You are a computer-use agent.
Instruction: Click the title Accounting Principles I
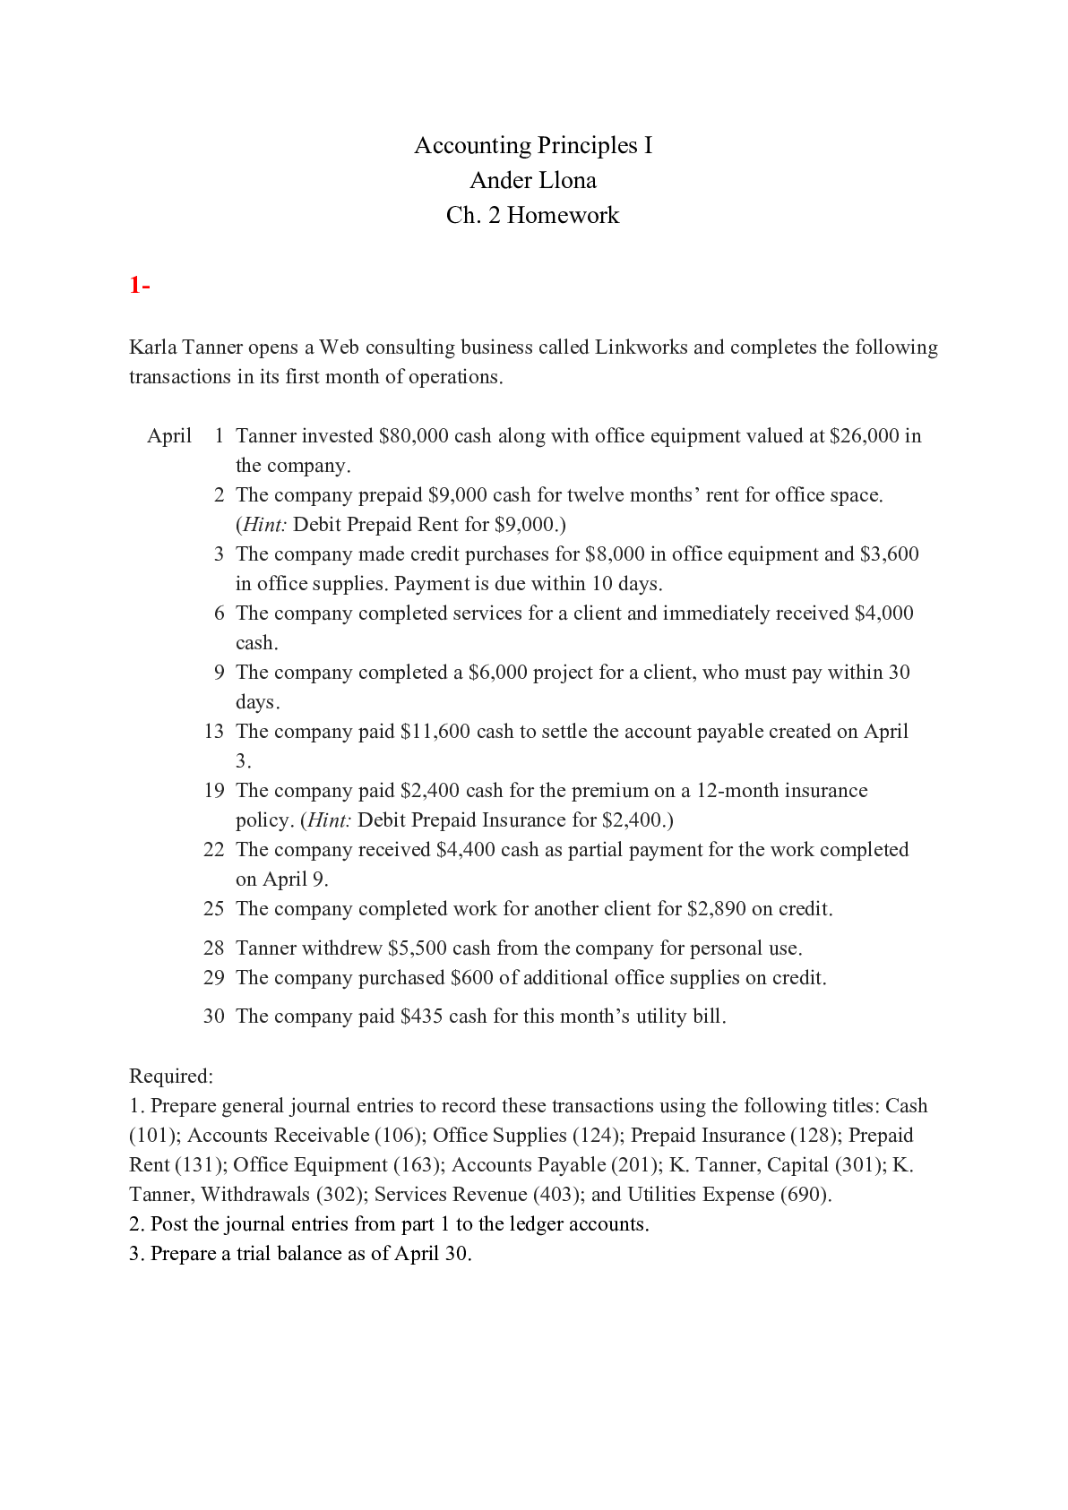point(533,145)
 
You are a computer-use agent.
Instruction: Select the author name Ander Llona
point(533,180)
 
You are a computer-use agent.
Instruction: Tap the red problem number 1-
point(139,285)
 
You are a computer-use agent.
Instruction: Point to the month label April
point(169,436)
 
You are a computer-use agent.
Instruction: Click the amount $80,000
point(414,436)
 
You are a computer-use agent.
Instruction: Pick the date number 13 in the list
point(213,732)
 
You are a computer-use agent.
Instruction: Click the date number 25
point(213,909)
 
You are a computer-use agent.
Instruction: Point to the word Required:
point(171,1077)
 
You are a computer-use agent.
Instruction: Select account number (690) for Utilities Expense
point(805,1195)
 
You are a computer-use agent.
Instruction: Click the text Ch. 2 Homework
point(533,216)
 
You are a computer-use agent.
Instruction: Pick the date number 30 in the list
point(213,1017)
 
